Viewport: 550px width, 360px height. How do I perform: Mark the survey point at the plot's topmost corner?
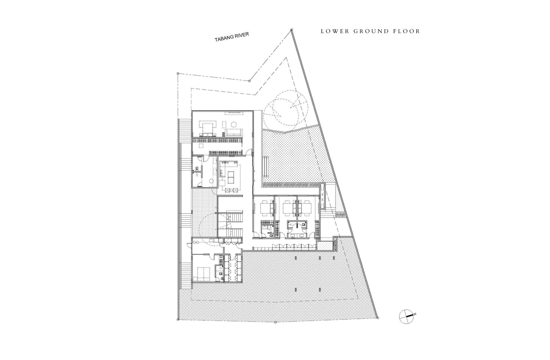(x=291, y=30)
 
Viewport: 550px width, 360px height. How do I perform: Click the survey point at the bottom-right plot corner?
(x=378, y=318)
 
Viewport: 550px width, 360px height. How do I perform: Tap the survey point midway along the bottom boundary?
(x=275, y=322)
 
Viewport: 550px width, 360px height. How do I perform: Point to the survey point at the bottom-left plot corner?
(x=178, y=319)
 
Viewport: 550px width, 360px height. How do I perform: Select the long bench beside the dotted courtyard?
(x=266, y=166)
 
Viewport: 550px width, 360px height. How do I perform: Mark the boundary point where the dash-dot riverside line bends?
(x=249, y=81)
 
